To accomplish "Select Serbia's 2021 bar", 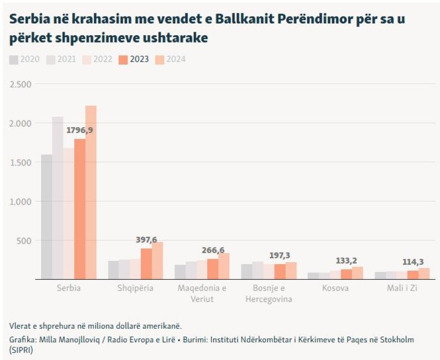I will (58, 198).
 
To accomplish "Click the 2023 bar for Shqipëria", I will (146, 264).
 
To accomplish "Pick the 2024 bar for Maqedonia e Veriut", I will (224, 266).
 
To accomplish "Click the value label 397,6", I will (146, 240).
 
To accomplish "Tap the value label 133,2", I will (347, 261).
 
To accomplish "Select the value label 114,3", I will (413, 262).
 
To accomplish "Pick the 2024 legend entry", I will (171, 60).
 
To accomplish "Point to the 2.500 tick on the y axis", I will (20, 84).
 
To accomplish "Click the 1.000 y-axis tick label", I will (20, 202).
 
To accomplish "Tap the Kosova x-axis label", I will (335, 288).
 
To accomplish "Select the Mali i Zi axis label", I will (402, 288).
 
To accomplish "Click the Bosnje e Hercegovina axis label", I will (269, 293).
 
